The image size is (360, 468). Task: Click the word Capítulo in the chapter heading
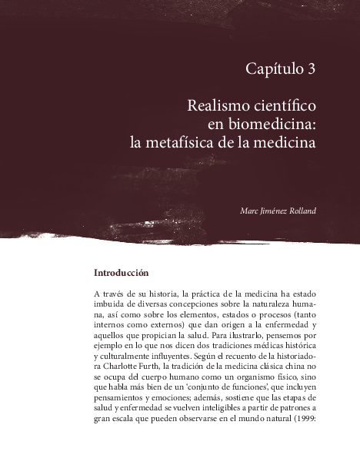(273, 69)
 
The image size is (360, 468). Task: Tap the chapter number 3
(312, 69)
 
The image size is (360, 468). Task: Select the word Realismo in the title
(218, 105)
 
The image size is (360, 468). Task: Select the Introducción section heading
(121, 273)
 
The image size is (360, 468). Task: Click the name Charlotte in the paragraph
(120, 367)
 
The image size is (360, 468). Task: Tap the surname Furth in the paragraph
(151, 367)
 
